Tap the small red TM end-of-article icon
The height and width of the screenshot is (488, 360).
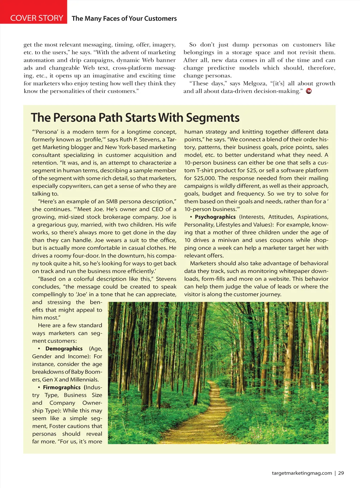(309, 91)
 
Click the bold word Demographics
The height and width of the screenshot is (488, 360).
(64, 349)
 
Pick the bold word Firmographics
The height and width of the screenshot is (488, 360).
(62, 387)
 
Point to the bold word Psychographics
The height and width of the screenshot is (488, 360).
(215, 217)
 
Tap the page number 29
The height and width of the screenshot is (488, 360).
(341, 473)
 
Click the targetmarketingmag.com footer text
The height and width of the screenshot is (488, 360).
(302, 473)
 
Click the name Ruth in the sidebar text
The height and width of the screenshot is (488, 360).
(126, 140)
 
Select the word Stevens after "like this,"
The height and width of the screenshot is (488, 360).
(166, 279)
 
